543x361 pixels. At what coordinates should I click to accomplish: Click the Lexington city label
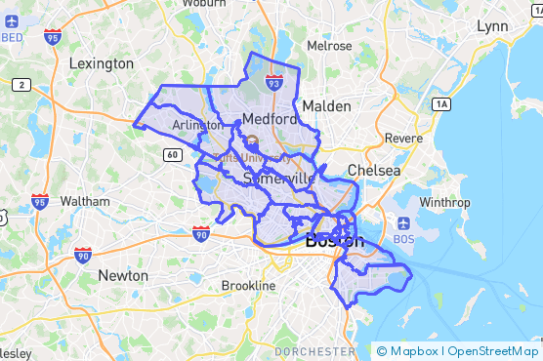click(x=102, y=63)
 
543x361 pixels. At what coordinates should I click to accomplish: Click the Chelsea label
click(x=374, y=171)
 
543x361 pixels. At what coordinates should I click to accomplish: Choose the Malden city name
click(x=326, y=105)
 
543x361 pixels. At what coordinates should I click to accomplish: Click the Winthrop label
click(x=444, y=202)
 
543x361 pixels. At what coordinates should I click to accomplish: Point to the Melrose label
click(x=329, y=46)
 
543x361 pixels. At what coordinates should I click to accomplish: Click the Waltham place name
click(x=85, y=201)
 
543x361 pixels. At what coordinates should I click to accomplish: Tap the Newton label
click(x=123, y=275)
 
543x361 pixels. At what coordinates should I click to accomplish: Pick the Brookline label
click(x=249, y=285)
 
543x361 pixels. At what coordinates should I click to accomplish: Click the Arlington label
click(x=197, y=125)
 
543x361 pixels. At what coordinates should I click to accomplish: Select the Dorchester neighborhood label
click(x=314, y=350)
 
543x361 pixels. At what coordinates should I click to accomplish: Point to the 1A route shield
click(x=441, y=103)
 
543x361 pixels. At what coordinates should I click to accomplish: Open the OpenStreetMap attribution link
click(x=492, y=351)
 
